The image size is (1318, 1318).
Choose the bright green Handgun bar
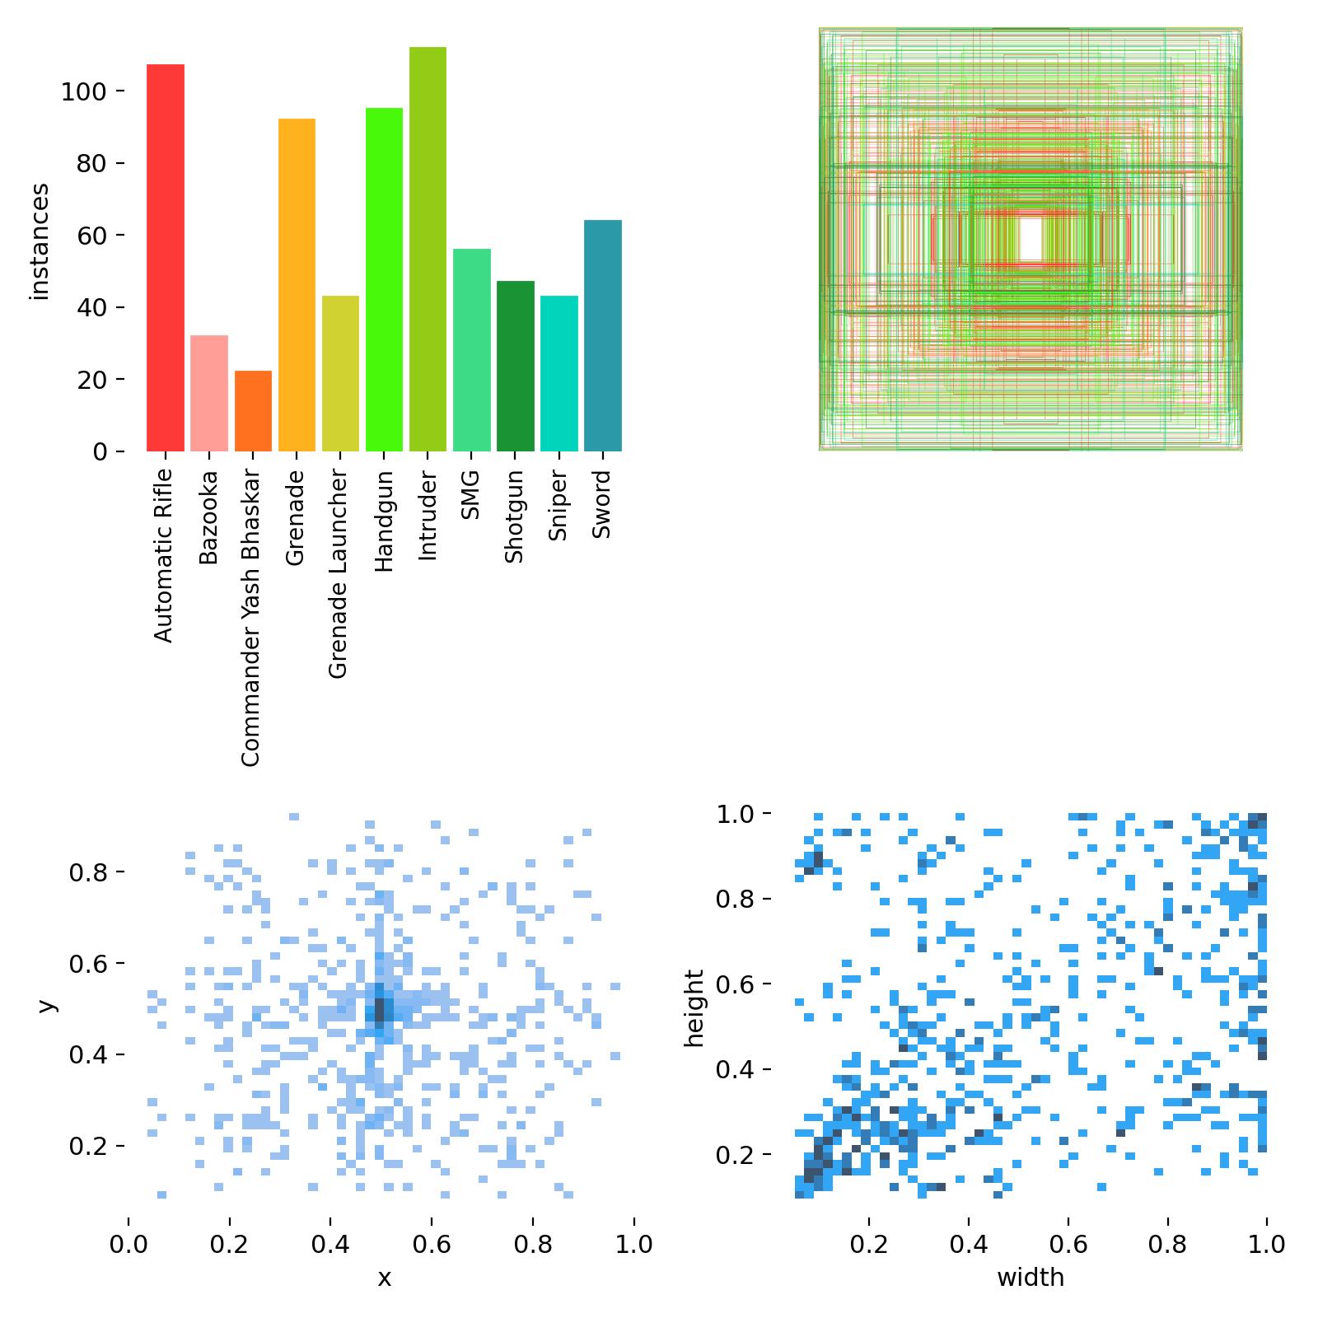click(x=384, y=279)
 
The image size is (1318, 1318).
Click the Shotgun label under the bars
click(x=514, y=516)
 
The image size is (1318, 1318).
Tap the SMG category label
click(x=470, y=495)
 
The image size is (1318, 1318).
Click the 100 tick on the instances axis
click(x=84, y=91)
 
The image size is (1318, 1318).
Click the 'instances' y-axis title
click(x=40, y=241)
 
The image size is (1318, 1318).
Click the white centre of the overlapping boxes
click(x=1030, y=239)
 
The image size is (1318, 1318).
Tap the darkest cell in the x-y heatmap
click(x=380, y=1009)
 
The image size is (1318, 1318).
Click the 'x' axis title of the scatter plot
click(x=384, y=1278)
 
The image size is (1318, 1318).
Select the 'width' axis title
click(x=1030, y=1278)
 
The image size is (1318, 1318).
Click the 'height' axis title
click(x=696, y=1008)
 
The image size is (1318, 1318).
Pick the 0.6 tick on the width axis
click(x=1068, y=1244)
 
